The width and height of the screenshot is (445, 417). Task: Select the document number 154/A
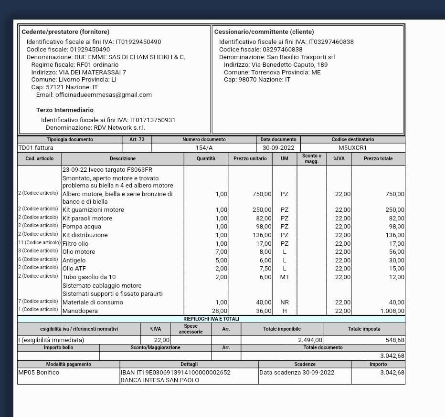[204, 148]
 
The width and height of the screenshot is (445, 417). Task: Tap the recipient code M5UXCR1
[352, 148]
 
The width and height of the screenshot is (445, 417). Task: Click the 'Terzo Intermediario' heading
[65, 110]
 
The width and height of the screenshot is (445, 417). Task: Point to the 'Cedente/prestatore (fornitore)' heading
[65, 32]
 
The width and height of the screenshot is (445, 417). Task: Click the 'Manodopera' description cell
[80, 311]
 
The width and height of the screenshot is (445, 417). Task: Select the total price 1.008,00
[392, 311]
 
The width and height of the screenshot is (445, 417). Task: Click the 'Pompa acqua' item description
[82, 227]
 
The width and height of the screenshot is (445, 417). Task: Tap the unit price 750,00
[262, 194]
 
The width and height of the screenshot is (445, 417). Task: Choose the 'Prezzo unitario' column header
[250, 158]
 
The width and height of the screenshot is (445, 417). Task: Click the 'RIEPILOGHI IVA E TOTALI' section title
[211, 319]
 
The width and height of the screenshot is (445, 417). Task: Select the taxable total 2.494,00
[310, 340]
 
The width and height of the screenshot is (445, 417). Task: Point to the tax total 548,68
[395, 340]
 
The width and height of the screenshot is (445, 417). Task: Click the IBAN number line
[175, 373]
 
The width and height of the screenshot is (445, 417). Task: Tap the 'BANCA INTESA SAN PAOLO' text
[159, 380]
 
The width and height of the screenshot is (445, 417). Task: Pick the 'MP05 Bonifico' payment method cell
[39, 373]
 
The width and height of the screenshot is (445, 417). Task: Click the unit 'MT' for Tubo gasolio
[285, 277]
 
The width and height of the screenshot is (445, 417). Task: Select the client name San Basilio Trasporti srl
[301, 57]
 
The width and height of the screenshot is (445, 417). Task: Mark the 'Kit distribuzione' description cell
[85, 235]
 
